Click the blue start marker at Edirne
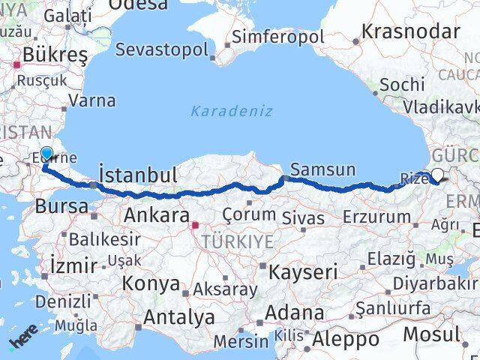tap(46, 154)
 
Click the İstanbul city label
tap(139, 175)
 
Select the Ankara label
tap(156, 215)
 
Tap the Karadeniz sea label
tap(231, 111)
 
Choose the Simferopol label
tap(277, 36)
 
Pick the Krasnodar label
tap(410, 31)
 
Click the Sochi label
tap(402, 85)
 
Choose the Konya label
tap(151, 284)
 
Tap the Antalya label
tap(178, 317)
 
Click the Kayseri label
tap(304, 271)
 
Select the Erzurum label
tap(376, 217)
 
